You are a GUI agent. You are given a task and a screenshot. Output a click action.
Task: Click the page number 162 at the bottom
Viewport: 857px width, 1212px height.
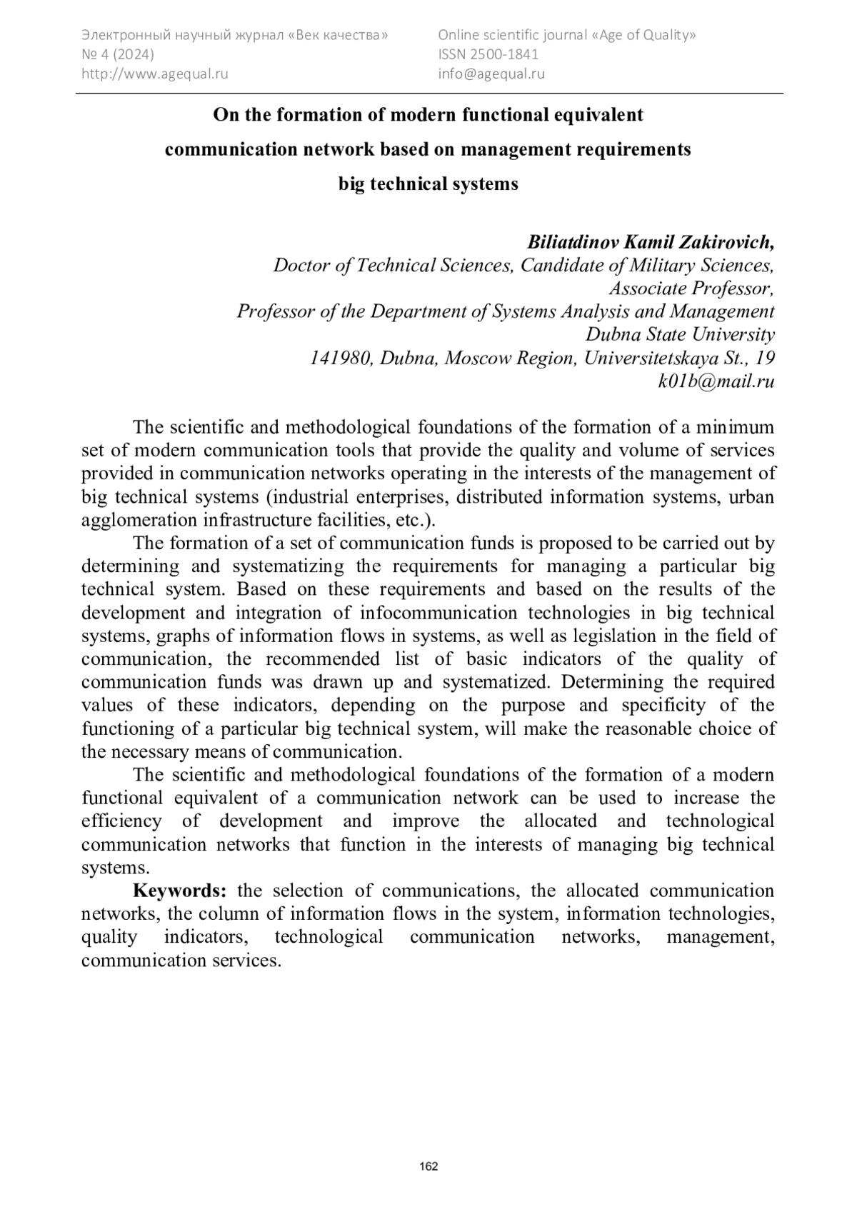(x=428, y=1167)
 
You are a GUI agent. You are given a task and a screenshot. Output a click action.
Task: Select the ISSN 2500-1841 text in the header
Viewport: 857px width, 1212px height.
(x=488, y=54)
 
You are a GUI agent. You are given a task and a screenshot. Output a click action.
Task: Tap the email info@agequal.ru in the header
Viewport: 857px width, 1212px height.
(x=491, y=73)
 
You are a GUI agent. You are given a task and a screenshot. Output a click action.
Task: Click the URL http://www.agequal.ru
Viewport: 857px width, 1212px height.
(x=155, y=73)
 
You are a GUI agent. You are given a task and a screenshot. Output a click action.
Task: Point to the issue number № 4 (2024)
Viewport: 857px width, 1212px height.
(x=118, y=54)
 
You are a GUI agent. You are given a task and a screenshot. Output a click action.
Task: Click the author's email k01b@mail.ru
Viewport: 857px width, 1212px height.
(x=716, y=381)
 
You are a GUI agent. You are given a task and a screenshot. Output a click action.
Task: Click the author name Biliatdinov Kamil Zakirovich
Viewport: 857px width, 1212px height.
(x=650, y=242)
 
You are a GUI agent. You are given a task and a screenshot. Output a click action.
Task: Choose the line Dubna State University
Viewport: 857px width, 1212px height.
(x=680, y=334)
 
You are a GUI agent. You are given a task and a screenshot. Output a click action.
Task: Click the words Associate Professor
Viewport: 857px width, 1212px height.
(x=691, y=289)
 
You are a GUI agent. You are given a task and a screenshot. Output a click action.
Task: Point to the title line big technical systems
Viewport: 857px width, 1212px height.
(x=428, y=184)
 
